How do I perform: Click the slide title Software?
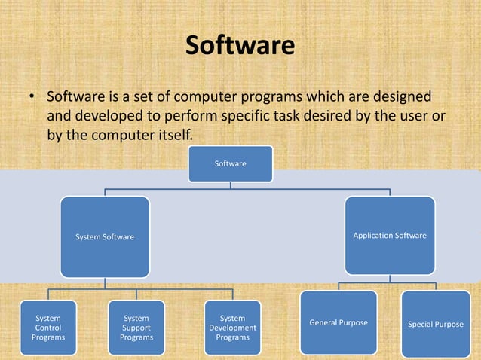click(240, 47)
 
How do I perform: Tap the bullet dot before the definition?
click(32, 99)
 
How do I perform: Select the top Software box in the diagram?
click(230, 163)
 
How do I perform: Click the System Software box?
click(105, 236)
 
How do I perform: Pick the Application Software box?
click(389, 235)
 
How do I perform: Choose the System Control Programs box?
click(48, 328)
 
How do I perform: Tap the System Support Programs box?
click(136, 328)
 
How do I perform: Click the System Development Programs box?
click(232, 328)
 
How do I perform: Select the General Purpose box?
click(339, 322)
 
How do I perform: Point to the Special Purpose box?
click(435, 325)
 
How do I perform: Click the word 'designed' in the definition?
click(402, 98)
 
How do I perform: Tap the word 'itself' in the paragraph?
click(173, 136)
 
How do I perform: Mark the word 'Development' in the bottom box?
click(232, 328)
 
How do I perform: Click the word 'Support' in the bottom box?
click(136, 328)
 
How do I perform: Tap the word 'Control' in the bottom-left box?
click(48, 328)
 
